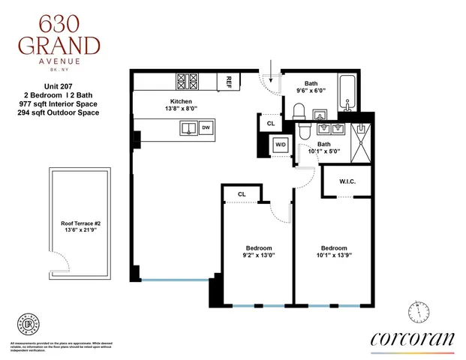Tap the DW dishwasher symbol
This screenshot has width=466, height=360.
click(205, 129)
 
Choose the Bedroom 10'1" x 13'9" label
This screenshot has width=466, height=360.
click(334, 252)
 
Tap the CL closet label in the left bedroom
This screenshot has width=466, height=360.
click(242, 194)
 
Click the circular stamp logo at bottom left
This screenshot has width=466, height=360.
click(28, 324)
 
